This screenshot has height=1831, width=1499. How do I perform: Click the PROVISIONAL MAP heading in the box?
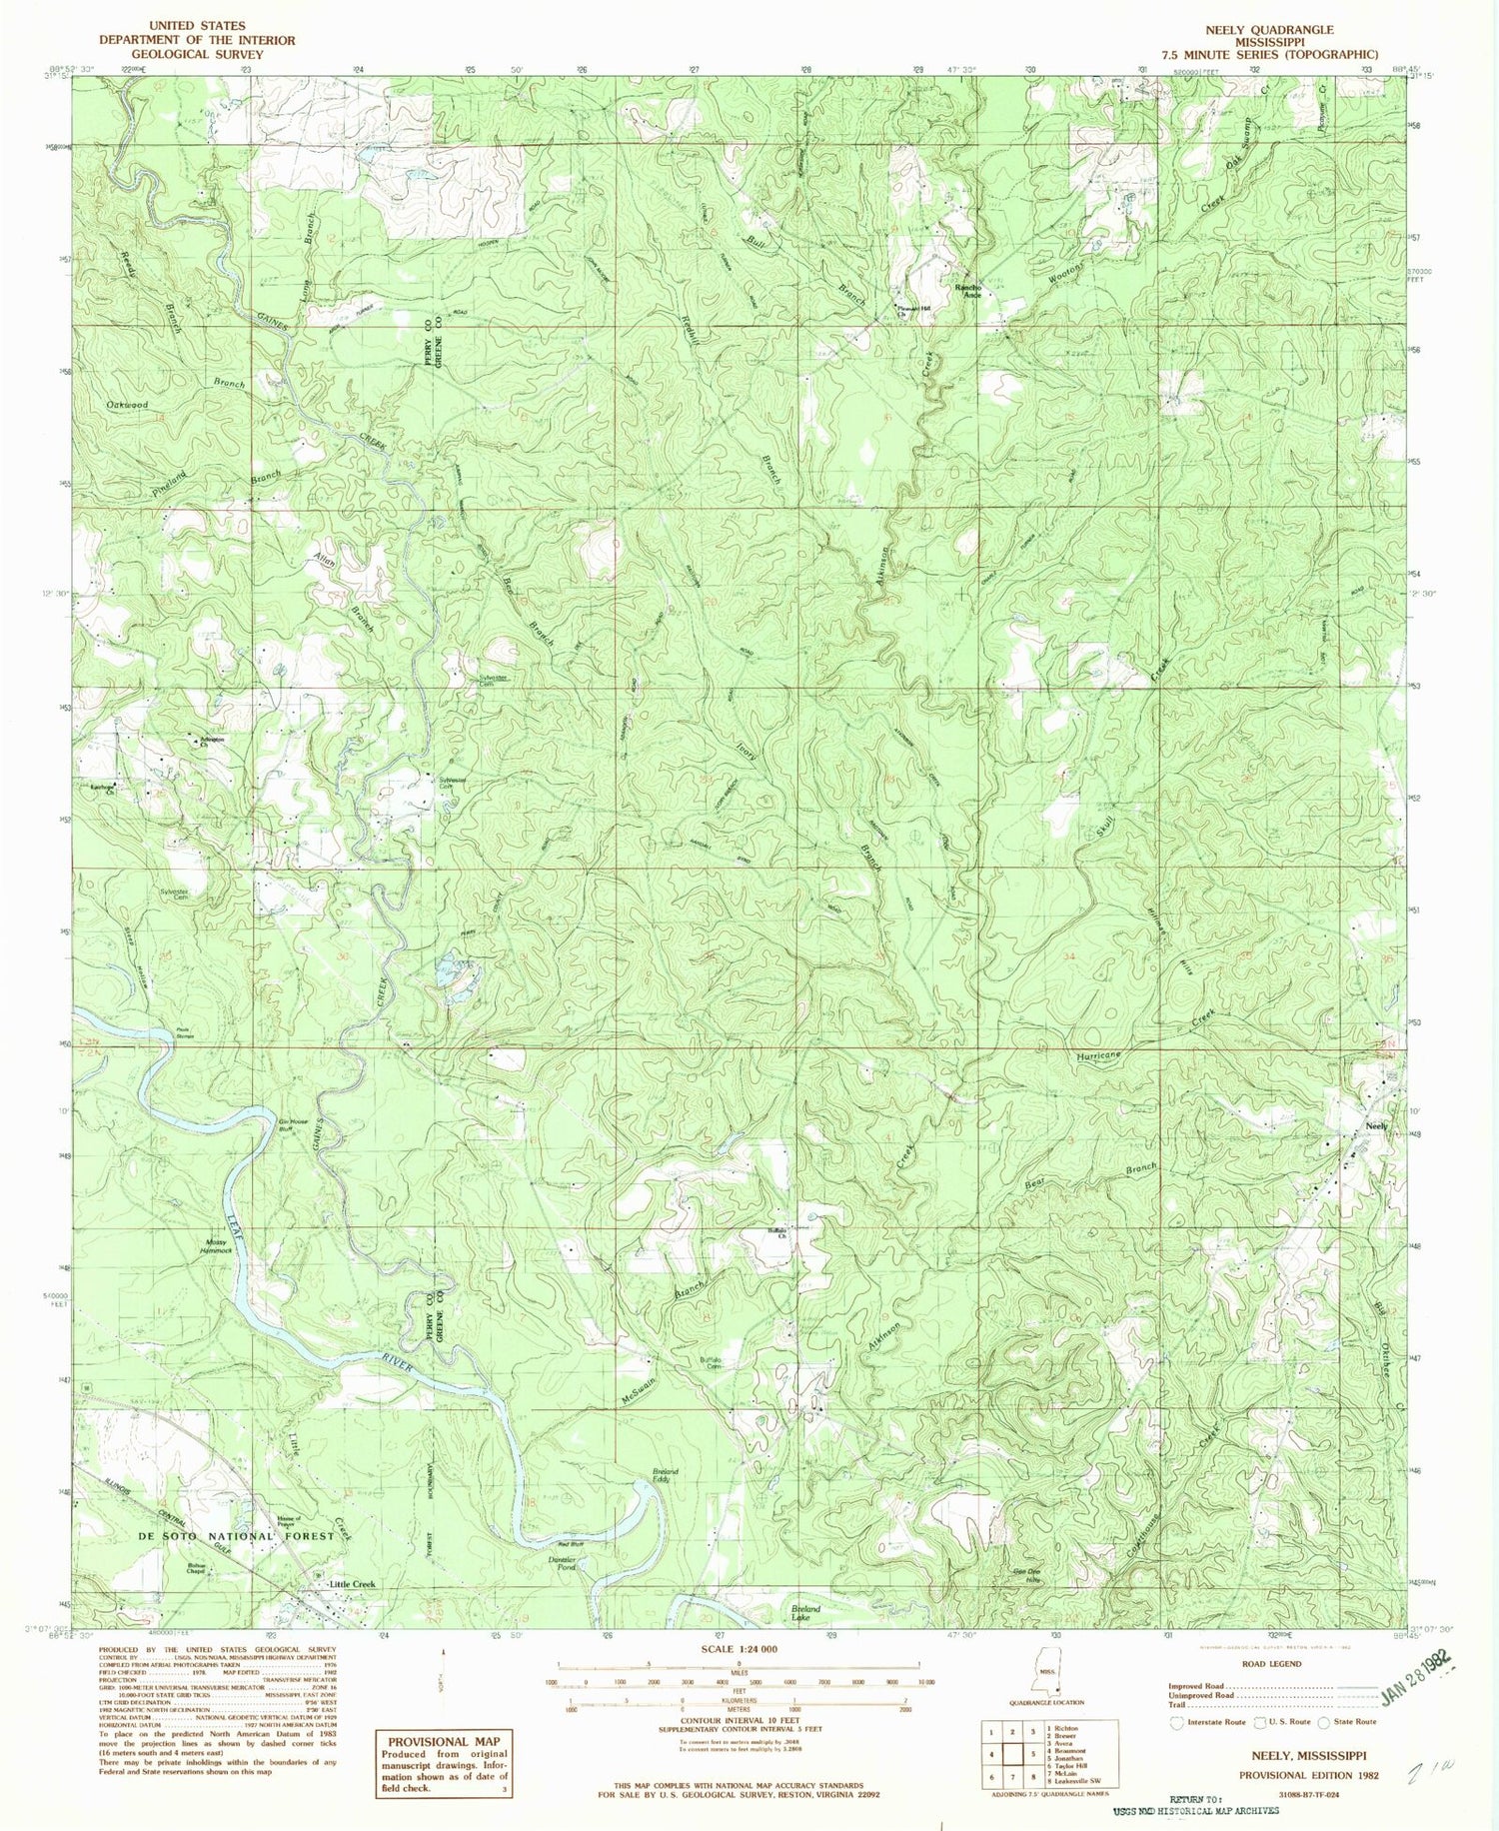click(x=443, y=1741)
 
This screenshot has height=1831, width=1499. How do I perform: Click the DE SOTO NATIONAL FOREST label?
click(x=235, y=1536)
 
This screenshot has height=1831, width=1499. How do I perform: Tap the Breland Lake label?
click(x=805, y=1612)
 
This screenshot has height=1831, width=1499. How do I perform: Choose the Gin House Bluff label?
click(x=296, y=1124)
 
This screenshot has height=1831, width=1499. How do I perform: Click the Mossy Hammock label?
click(x=219, y=1246)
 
